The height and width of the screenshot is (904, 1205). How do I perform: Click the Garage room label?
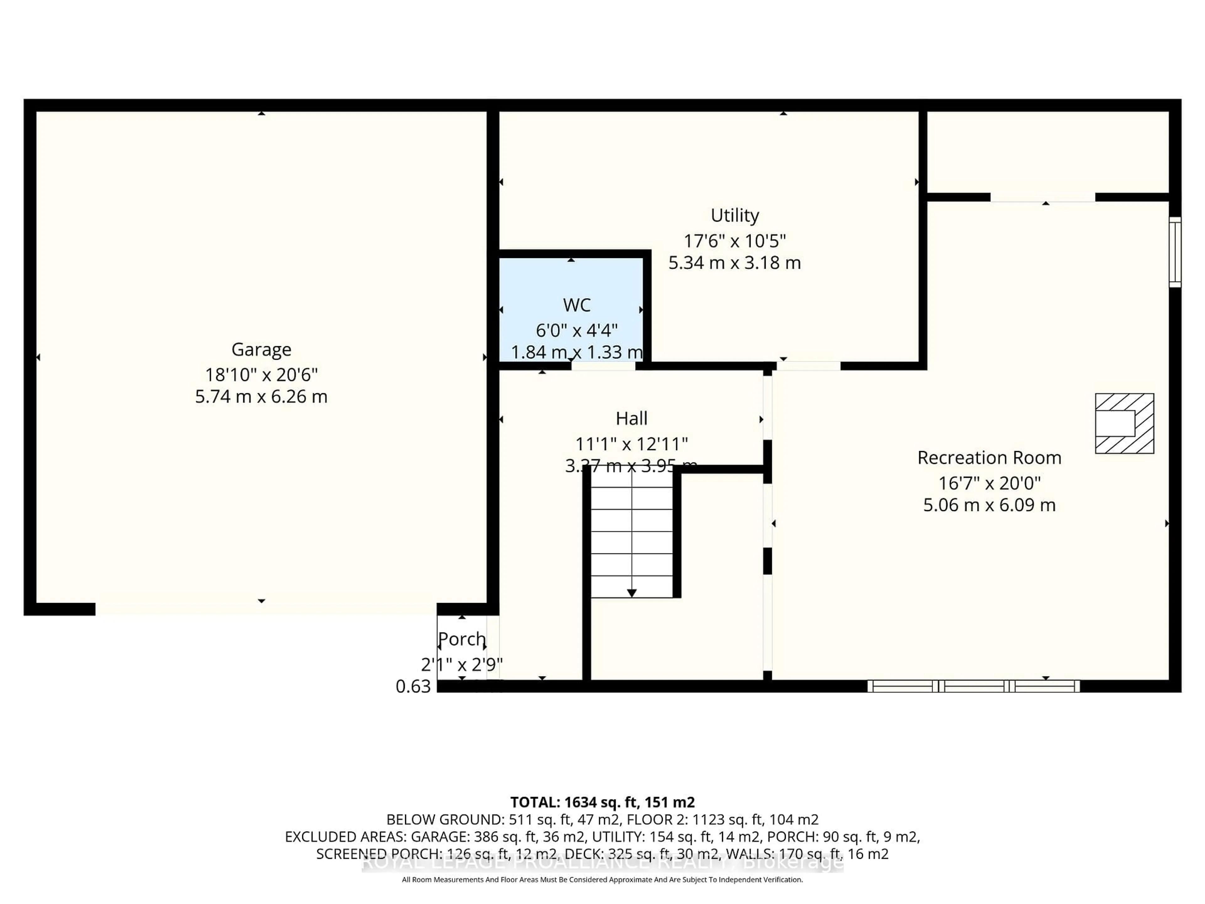(x=261, y=349)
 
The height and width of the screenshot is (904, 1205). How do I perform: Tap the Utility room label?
(x=734, y=215)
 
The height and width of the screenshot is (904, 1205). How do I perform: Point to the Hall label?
(x=631, y=418)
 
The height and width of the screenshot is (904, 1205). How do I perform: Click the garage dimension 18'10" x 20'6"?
(x=261, y=375)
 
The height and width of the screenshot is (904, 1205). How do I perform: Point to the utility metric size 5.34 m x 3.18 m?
(x=734, y=263)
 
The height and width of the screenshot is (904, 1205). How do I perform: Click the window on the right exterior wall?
(x=1175, y=252)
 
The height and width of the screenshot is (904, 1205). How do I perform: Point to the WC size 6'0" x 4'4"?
(x=576, y=330)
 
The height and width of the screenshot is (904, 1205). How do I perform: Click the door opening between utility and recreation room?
(x=808, y=366)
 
